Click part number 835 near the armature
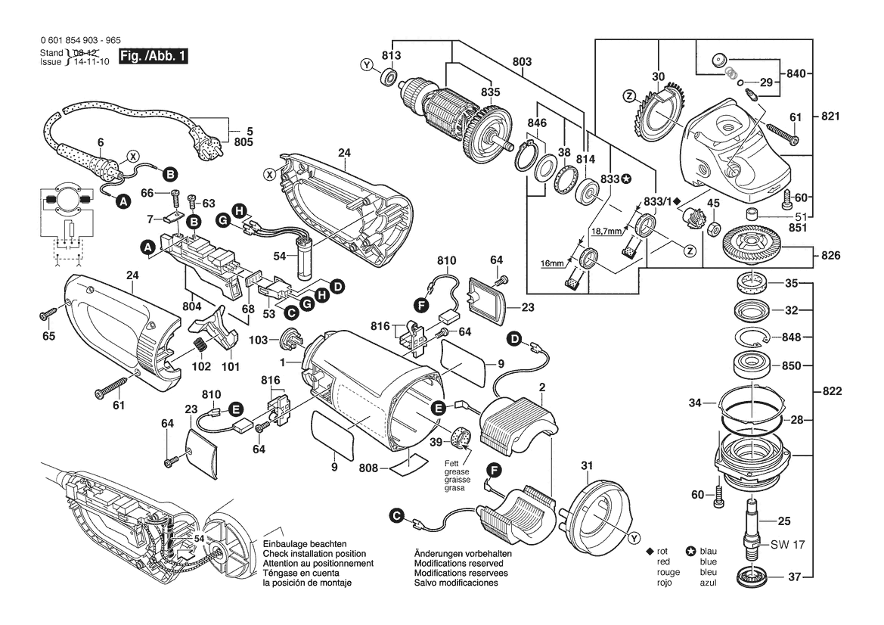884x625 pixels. pos(490,92)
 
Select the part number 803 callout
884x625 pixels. pos(522,61)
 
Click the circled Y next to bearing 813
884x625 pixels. pos(367,67)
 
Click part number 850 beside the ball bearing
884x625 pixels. pos(789,365)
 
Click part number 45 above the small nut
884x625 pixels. pos(713,202)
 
